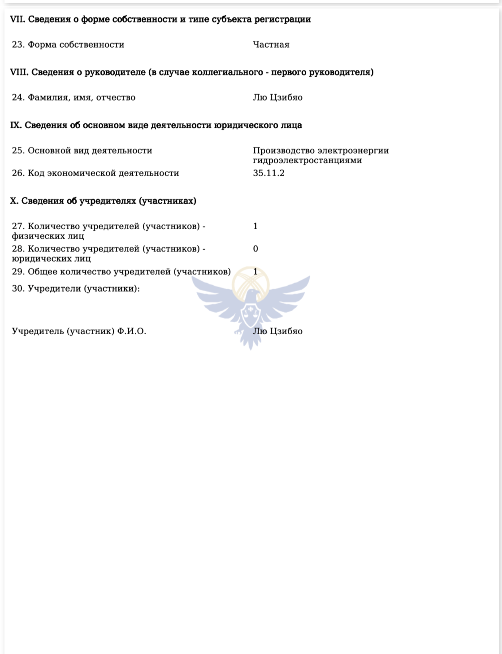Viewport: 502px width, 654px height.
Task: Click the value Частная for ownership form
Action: coord(271,44)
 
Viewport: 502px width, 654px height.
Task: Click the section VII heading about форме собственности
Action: coord(160,19)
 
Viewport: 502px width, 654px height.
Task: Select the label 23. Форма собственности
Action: coord(68,44)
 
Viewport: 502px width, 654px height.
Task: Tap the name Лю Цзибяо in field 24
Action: coord(277,97)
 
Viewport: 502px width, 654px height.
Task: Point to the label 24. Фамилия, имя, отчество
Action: coord(74,97)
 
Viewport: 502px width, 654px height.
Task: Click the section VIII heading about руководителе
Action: coord(192,72)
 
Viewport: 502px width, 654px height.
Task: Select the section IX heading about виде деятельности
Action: coord(156,125)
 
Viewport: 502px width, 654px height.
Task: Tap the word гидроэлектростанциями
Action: coord(307,161)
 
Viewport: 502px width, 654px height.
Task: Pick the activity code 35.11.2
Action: coord(268,173)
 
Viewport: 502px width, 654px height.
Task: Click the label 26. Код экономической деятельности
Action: coord(95,173)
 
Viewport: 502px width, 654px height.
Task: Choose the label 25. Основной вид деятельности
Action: coord(82,151)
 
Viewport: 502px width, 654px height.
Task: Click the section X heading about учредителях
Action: coord(103,201)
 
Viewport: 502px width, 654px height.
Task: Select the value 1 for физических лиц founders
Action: coord(255,226)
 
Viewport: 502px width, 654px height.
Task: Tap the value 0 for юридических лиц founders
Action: coord(255,249)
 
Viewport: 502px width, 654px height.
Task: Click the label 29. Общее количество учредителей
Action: coord(121,271)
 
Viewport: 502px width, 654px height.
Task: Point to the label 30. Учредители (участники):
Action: coord(76,288)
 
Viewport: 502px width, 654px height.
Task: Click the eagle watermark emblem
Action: coord(251,305)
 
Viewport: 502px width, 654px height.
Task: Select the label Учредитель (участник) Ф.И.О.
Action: coord(79,331)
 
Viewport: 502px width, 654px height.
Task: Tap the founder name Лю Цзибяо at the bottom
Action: coord(277,331)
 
